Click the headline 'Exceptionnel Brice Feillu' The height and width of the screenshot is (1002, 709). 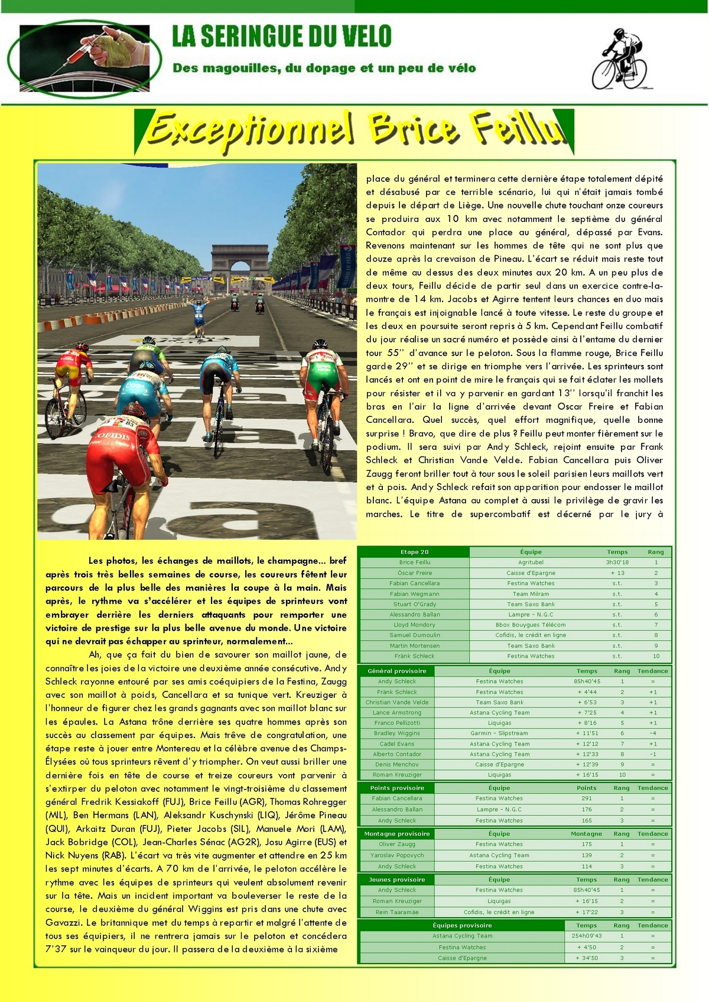[354, 130]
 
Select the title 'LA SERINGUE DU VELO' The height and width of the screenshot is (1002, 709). [282, 37]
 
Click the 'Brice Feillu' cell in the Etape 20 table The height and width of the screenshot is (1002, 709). [415, 563]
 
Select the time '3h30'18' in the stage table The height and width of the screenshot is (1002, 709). [617, 563]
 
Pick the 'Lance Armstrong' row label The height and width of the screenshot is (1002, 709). [397, 713]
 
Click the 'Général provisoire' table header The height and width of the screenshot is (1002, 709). [397, 671]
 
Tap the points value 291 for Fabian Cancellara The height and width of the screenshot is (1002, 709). [587, 798]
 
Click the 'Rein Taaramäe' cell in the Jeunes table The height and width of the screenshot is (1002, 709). [397, 912]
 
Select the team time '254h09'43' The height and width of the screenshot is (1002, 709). [587, 936]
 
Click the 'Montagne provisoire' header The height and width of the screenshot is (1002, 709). [397, 834]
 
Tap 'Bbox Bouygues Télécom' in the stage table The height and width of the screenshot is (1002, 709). [531, 625]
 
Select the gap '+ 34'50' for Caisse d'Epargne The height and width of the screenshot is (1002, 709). [587, 958]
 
